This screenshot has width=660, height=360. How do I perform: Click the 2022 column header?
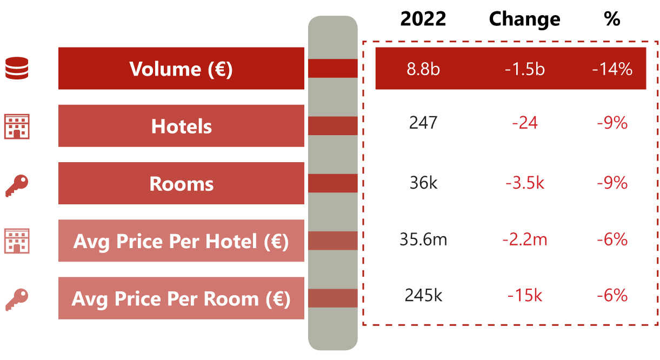click(x=423, y=19)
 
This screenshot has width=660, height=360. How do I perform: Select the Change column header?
click(x=524, y=19)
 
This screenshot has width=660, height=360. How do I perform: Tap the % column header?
click(x=612, y=19)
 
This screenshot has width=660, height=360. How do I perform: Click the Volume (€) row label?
click(x=181, y=69)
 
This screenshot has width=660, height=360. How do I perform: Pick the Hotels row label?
click(x=181, y=126)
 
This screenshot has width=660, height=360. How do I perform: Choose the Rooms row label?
click(x=181, y=184)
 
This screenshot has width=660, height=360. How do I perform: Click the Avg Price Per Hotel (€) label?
click(x=181, y=241)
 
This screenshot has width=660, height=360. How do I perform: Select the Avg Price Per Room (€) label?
click(x=181, y=298)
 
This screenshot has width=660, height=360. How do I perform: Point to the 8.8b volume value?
click(x=423, y=69)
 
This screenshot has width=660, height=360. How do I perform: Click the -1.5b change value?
click(x=524, y=69)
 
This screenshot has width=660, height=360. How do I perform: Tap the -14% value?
click(x=612, y=69)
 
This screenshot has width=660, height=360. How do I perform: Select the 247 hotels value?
click(x=423, y=123)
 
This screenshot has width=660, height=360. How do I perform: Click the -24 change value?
click(x=524, y=123)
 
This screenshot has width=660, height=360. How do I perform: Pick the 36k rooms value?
click(x=423, y=183)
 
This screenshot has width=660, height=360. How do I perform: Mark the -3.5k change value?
click(x=524, y=183)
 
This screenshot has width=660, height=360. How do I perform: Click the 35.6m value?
click(x=423, y=239)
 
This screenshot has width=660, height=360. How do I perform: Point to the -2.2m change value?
click(x=524, y=239)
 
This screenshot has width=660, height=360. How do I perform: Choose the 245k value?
click(x=423, y=295)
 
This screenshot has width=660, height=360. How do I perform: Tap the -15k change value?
click(x=524, y=295)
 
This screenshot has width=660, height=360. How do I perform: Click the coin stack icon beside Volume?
click(x=17, y=69)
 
